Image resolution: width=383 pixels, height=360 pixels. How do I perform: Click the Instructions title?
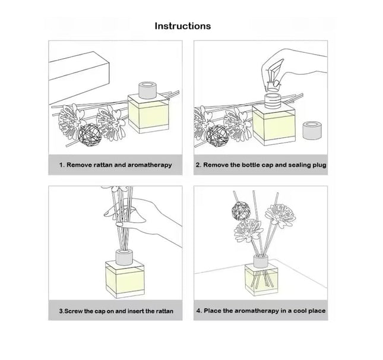tap(183, 26)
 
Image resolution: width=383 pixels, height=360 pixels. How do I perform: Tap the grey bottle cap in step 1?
tap(147, 90)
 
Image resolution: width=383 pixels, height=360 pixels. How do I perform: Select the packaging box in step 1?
tap(78, 77)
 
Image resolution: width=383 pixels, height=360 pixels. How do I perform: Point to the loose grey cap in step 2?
tap(312, 130)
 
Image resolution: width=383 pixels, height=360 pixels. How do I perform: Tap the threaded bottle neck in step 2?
tap(273, 101)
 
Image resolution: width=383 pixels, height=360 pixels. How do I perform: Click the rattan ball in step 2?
tap(217, 137)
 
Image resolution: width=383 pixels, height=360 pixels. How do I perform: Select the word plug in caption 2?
tap(319, 165)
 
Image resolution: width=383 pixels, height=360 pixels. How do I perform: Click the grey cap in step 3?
tap(124, 257)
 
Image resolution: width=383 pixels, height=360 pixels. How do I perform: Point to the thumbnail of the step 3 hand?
tap(119, 224)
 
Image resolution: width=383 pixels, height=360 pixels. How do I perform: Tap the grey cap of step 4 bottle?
tap(261, 261)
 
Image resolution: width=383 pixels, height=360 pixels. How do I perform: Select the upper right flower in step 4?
tap(280, 215)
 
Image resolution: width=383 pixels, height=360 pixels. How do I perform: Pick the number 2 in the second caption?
tap(198, 165)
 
